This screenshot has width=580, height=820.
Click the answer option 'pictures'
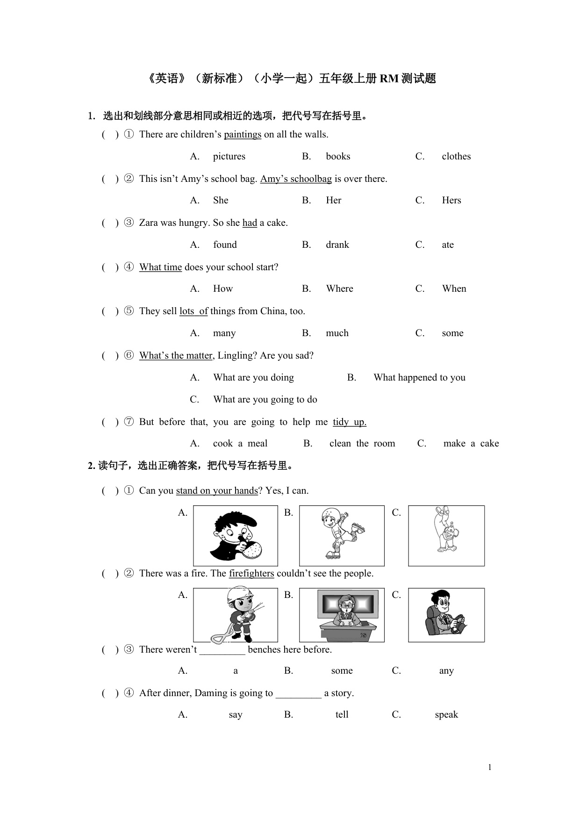[x=229, y=157]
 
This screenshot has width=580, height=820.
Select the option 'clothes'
[x=456, y=157]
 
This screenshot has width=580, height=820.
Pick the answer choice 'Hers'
[x=451, y=201]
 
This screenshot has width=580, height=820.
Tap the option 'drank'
[x=337, y=245]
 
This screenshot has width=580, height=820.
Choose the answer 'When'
[x=454, y=289]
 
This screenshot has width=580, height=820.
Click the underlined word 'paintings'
[x=243, y=135]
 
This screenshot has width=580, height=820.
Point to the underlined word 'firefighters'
[x=251, y=574]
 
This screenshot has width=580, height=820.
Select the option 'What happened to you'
[x=419, y=378]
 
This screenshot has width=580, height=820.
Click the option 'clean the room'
[x=362, y=444]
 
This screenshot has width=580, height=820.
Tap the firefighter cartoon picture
[x=236, y=615]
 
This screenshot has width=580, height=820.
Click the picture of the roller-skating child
[x=342, y=536]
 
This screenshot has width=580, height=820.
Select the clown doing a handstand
[x=446, y=536]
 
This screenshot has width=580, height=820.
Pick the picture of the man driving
[x=446, y=615]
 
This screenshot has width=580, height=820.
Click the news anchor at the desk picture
[x=342, y=615]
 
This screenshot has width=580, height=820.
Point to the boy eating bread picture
[x=236, y=536]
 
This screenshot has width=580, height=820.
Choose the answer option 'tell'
[x=342, y=715]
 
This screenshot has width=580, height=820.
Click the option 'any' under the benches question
[x=446, y=671]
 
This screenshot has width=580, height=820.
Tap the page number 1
[x=490, y=767]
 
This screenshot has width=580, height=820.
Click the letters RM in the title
[x=388, y=79]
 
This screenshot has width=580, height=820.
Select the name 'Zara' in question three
[x=149, y=223]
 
